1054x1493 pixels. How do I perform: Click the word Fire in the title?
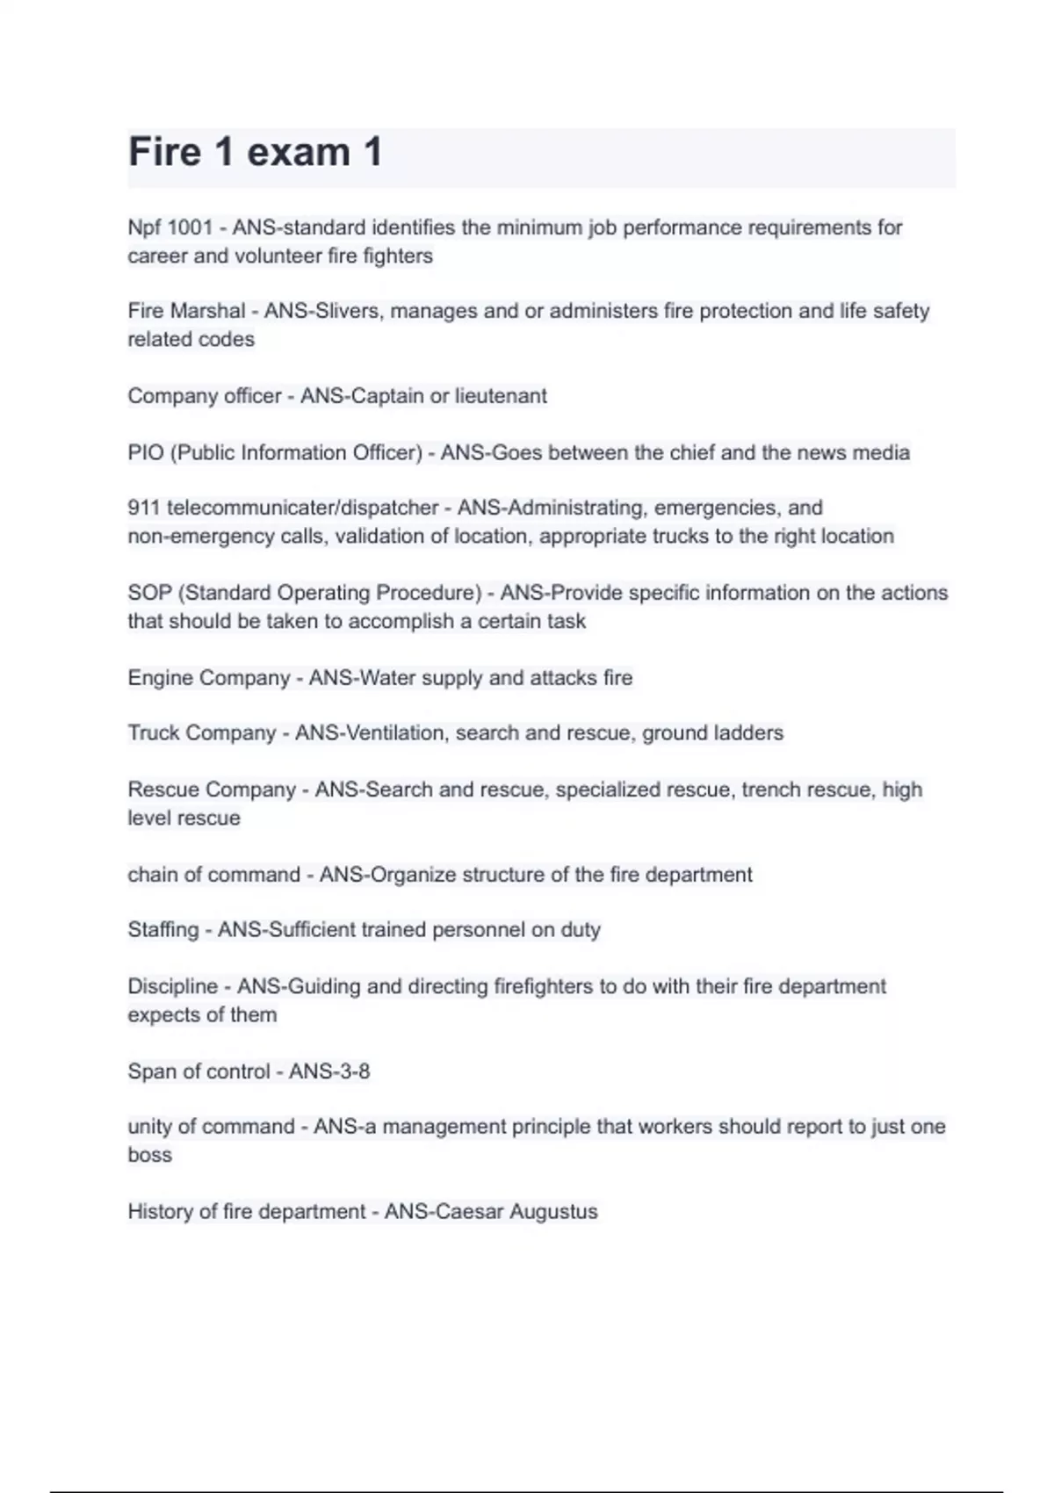pos(165,152)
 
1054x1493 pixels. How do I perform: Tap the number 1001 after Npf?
pos(190,227)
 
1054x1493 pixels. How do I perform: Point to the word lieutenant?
pos(501,396)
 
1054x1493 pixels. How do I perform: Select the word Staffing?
pos(163,930)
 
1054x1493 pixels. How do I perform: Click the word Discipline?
pos(172,986)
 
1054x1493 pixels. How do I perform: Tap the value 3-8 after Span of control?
pos(351,1071)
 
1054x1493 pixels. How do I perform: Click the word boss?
pos(149,1155)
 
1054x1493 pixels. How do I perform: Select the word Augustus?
pos(553,1212)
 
